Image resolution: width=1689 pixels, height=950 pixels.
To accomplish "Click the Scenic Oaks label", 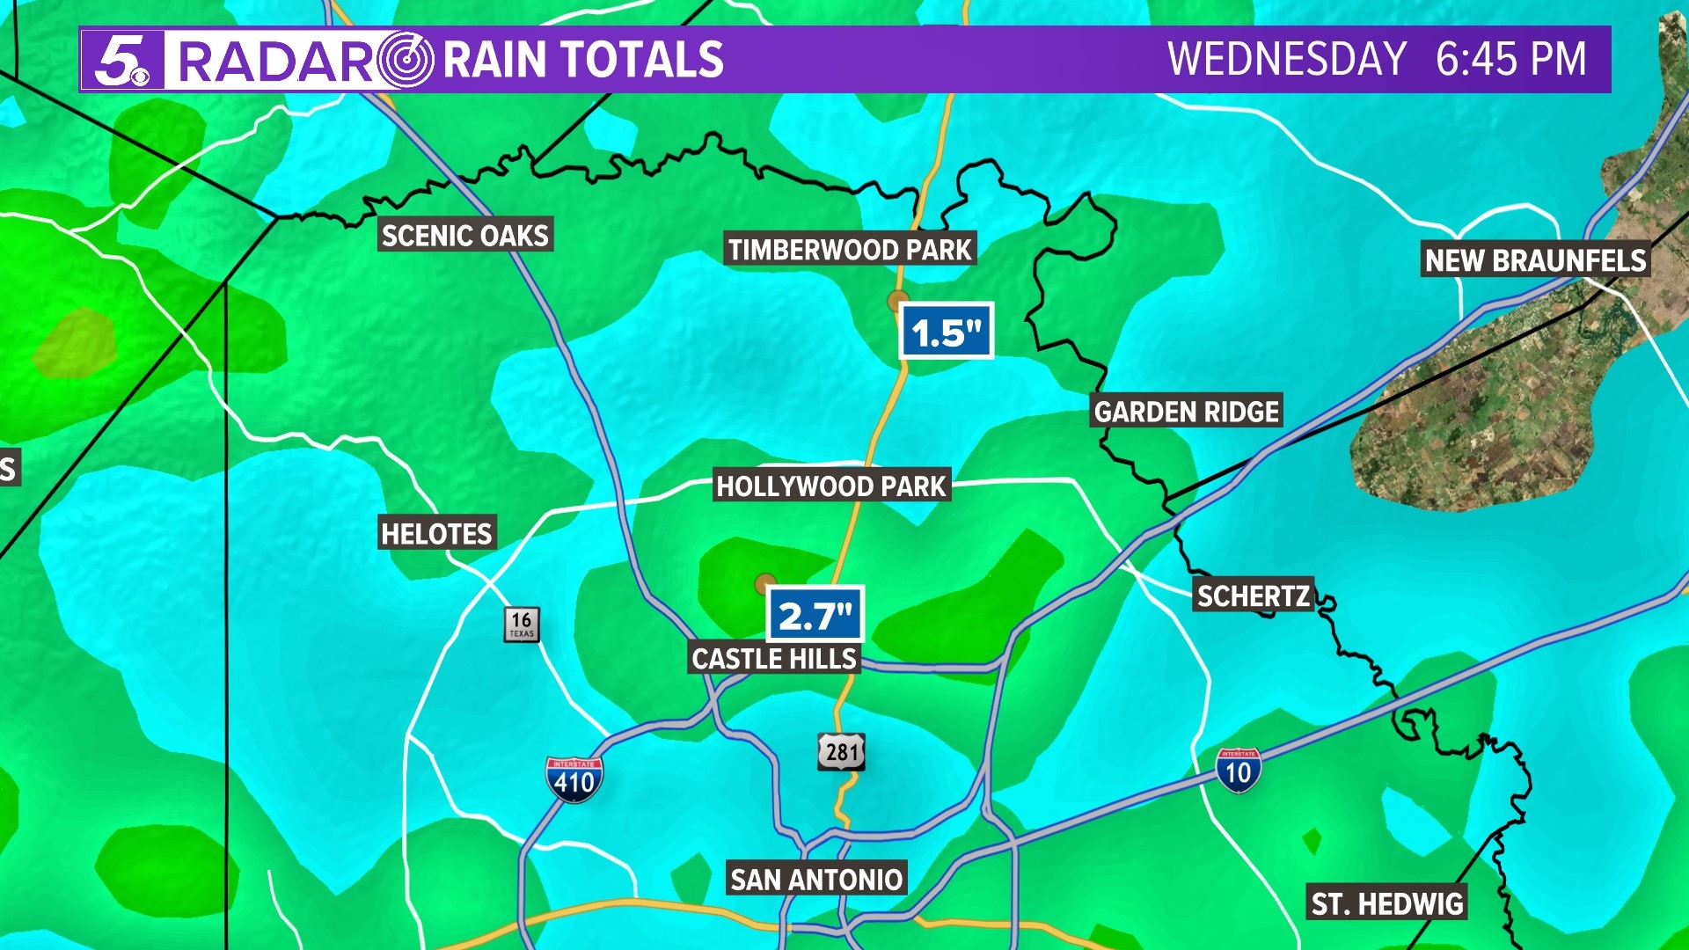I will point(465,235).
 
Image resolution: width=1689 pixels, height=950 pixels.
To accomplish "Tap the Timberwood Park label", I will point(850,250).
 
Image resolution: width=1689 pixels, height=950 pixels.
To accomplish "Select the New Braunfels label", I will point(1535,260).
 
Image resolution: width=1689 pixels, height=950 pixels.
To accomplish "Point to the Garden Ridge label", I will point(1187,411).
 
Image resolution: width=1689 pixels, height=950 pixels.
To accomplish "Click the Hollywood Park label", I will point(831,486).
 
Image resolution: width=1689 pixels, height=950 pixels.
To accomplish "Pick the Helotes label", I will point(436,533).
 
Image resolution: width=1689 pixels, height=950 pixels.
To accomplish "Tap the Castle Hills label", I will point(774,659).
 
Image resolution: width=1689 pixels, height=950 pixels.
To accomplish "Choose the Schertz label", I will point(1254,596).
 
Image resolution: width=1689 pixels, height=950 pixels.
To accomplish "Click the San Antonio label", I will point(816,879).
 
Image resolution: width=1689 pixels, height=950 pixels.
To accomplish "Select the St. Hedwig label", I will point(1387,903).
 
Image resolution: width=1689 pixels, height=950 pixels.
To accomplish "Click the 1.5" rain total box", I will point(947,332).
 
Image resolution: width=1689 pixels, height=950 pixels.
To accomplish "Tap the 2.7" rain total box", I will point(815,615).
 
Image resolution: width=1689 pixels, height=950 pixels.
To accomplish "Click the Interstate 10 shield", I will point(1239,771).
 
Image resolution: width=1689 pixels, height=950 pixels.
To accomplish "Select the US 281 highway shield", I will point(842,752).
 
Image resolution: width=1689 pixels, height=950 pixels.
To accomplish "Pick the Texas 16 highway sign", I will point(522,624).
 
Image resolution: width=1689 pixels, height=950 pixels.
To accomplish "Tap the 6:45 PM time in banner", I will point(1510,60).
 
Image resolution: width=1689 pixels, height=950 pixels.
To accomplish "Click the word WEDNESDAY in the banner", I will point(1287,60).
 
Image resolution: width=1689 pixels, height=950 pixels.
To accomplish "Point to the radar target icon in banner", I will point(406,60).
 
